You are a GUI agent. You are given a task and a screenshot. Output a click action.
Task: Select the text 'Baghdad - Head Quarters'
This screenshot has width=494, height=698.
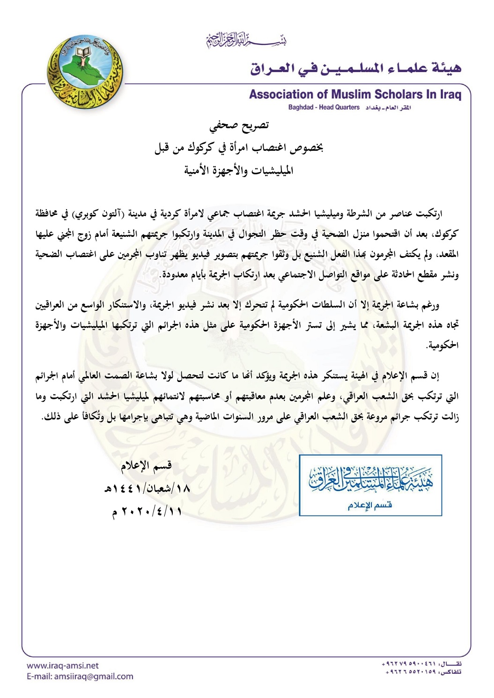coord(324,108)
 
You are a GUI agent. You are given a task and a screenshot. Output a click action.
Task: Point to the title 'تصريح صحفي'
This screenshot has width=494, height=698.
coord(239,125)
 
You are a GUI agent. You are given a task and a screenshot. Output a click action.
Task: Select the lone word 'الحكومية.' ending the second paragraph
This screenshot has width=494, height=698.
coord(442,345)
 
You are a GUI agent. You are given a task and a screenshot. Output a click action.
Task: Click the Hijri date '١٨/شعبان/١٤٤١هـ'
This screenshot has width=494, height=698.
coord(147,489)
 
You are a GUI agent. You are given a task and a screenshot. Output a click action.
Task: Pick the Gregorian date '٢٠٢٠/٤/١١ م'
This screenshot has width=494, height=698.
coord(146,511)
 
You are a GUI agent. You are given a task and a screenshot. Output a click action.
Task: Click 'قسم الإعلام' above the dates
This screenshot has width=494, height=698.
coord(146,465)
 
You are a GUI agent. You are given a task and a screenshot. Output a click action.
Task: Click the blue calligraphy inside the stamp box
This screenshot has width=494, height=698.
coord(371,480)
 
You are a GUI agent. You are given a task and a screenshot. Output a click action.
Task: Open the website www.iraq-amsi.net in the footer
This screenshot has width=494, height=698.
coord(63,665)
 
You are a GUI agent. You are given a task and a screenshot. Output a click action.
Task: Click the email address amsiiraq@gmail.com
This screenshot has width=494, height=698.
coord(80,676)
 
